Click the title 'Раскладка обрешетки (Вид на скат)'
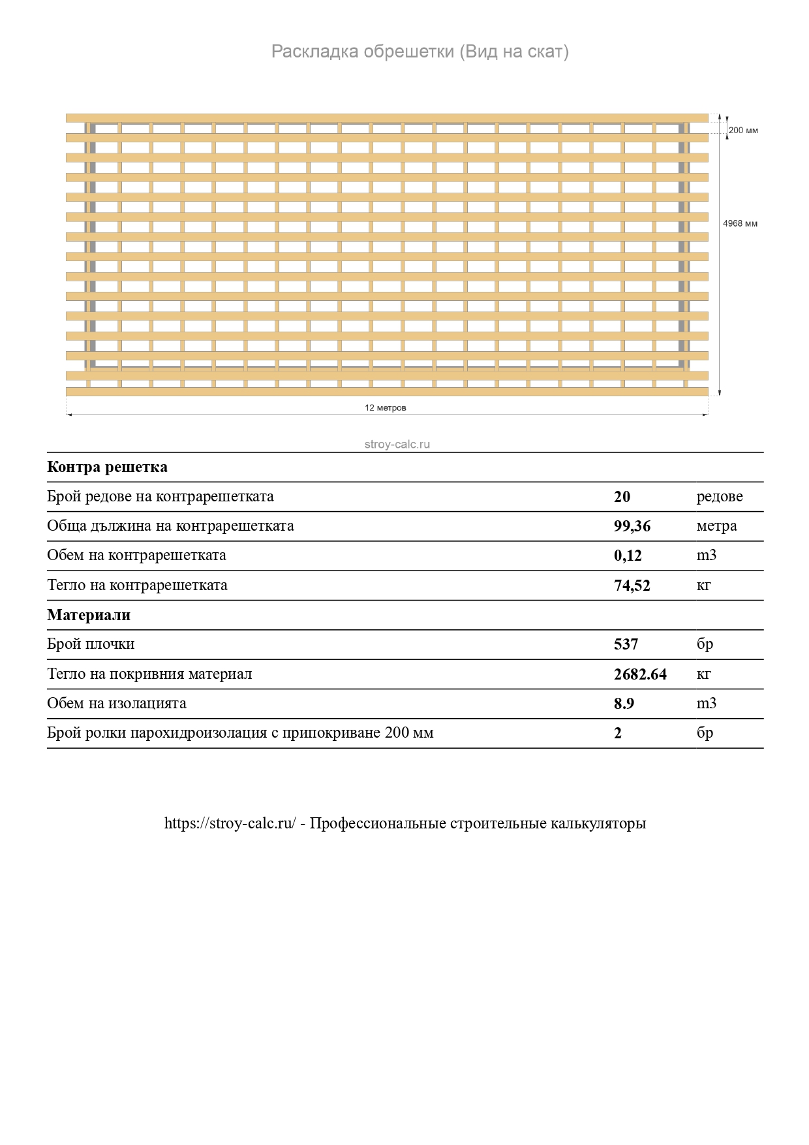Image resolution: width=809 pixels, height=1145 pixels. point(420,52)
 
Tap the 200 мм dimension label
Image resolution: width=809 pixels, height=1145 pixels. point(743,131)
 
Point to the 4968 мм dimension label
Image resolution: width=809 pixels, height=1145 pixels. point(740,224)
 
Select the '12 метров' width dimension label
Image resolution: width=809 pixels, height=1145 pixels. point(386,408)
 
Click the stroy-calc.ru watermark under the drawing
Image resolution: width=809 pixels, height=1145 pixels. point(397,445)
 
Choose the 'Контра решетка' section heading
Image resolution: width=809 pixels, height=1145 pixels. point(107,467)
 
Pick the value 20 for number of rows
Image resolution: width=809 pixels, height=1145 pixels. point(622,497)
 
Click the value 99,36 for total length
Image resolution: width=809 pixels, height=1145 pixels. point(632,526)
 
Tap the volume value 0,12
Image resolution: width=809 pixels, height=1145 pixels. point(628,556)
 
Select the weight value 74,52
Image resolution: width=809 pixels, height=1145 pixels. point(632,586)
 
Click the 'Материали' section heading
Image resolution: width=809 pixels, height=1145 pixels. point(89,615)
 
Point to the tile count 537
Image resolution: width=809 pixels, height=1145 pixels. point(626,644)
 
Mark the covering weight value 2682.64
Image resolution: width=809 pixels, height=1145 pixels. point(640,674)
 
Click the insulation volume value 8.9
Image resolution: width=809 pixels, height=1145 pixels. point(624,704)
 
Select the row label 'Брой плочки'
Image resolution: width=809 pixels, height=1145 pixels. point(91,644)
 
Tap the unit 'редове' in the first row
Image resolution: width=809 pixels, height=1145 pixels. point(720,497)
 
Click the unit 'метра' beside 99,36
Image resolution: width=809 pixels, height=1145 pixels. point(716,526)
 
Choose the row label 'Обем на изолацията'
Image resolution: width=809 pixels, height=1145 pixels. point(117,704)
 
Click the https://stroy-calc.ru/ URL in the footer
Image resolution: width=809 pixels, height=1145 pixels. point(230,823)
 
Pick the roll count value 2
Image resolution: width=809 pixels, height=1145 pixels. point(618,733)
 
